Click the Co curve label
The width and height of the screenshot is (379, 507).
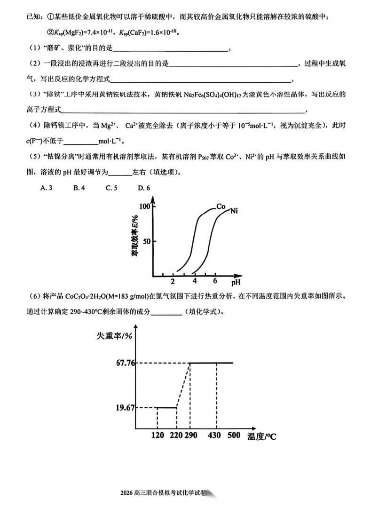pos(221,206)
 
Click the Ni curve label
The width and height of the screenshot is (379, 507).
pos(234,211)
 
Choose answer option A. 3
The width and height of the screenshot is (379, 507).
pos(46,188)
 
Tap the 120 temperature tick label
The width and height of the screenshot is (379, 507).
pos(158,436)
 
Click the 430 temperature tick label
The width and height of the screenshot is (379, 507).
pos(214,436)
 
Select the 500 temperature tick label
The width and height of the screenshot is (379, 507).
pos(234,436)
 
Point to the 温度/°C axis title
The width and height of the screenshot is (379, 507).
pos(262,436)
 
